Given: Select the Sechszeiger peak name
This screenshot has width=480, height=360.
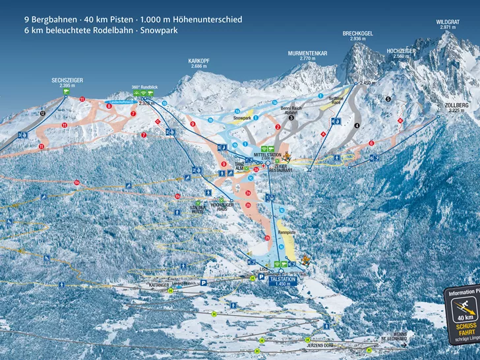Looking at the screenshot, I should coord(67,80).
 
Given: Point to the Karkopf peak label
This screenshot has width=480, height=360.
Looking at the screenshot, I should coord(198,63).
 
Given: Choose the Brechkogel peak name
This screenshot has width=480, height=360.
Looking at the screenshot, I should coord(357,34).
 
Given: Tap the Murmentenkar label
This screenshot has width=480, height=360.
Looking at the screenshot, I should coord(308,54).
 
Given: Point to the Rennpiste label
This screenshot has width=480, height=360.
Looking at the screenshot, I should coord(285,231).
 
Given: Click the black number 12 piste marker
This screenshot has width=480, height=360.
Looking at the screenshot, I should coord(42,113).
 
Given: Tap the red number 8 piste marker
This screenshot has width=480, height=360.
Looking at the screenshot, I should coord(109,105).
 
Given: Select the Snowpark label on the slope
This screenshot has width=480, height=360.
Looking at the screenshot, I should coord(242,117).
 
